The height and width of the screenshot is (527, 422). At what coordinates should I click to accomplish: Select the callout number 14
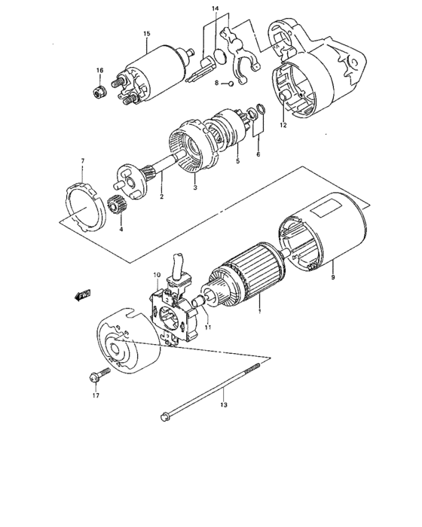pos(215,8)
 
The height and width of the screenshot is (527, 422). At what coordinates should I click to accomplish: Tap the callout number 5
pos(237,160)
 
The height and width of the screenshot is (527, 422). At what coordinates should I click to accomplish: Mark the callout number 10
pos(157,275)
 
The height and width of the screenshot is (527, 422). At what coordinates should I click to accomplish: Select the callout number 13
pos(222,407)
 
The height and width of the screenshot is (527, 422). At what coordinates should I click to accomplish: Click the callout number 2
pos(161,197)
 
